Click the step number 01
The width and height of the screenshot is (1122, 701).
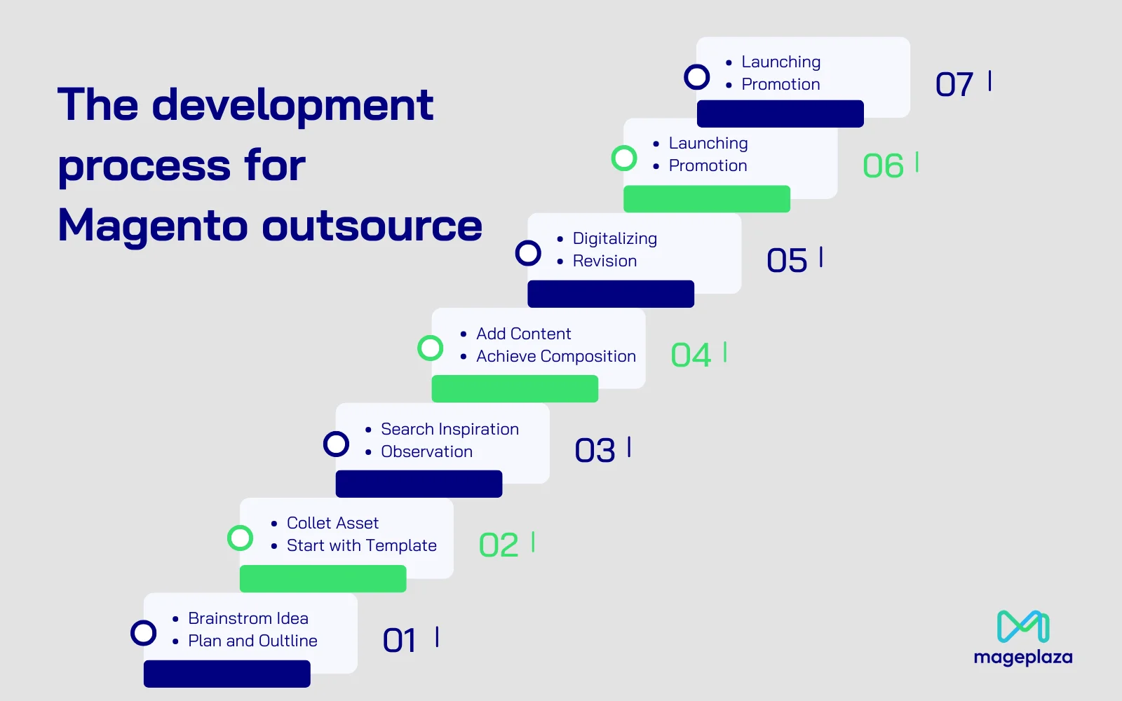click(400, 640)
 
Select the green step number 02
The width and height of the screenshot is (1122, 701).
click(499, 545)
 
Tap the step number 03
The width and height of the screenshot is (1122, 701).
click(595, 449)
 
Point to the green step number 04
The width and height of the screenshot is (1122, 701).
click(691, 355)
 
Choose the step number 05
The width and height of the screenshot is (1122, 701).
click(787, 260)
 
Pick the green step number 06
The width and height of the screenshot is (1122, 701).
click(883, 165)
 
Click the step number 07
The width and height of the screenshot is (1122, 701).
click(954, 84)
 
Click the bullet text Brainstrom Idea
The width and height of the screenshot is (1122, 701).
click(248, 618)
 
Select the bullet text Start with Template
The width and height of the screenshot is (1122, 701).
click(362, 545)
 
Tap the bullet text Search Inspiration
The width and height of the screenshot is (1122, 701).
click(450, 429)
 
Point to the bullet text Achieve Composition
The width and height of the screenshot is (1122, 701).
click(556, 356)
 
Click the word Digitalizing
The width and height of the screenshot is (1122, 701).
click(614, 239)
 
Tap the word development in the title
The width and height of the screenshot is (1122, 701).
click(292, 104)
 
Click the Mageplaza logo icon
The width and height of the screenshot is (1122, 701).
click(1023, 626)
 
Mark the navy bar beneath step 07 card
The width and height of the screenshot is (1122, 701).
click(780, 114)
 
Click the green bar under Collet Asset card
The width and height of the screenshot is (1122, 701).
click(323, 579)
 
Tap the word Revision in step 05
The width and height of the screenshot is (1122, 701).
click(604, 261)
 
